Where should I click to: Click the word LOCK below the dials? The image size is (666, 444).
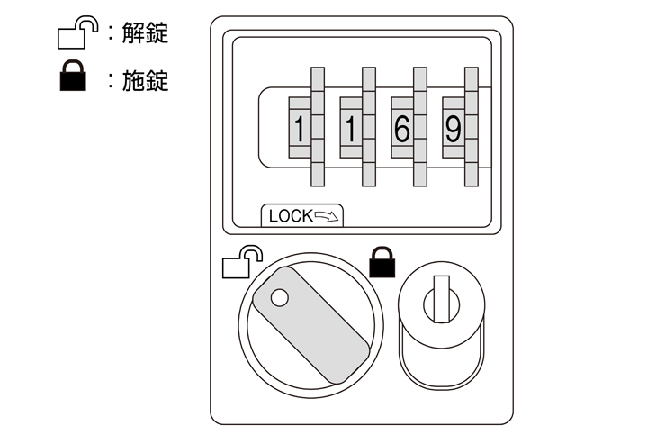coord(290,216)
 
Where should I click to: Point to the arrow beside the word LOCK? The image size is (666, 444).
coord(328,216)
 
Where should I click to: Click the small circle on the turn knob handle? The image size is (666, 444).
coord(279,297)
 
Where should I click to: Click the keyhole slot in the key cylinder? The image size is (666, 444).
coord(441,301)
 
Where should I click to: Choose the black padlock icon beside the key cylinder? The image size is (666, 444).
coord(382,262)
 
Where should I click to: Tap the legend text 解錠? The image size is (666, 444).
coord(146,35)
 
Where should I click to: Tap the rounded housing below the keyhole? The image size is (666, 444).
coord(441,360)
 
